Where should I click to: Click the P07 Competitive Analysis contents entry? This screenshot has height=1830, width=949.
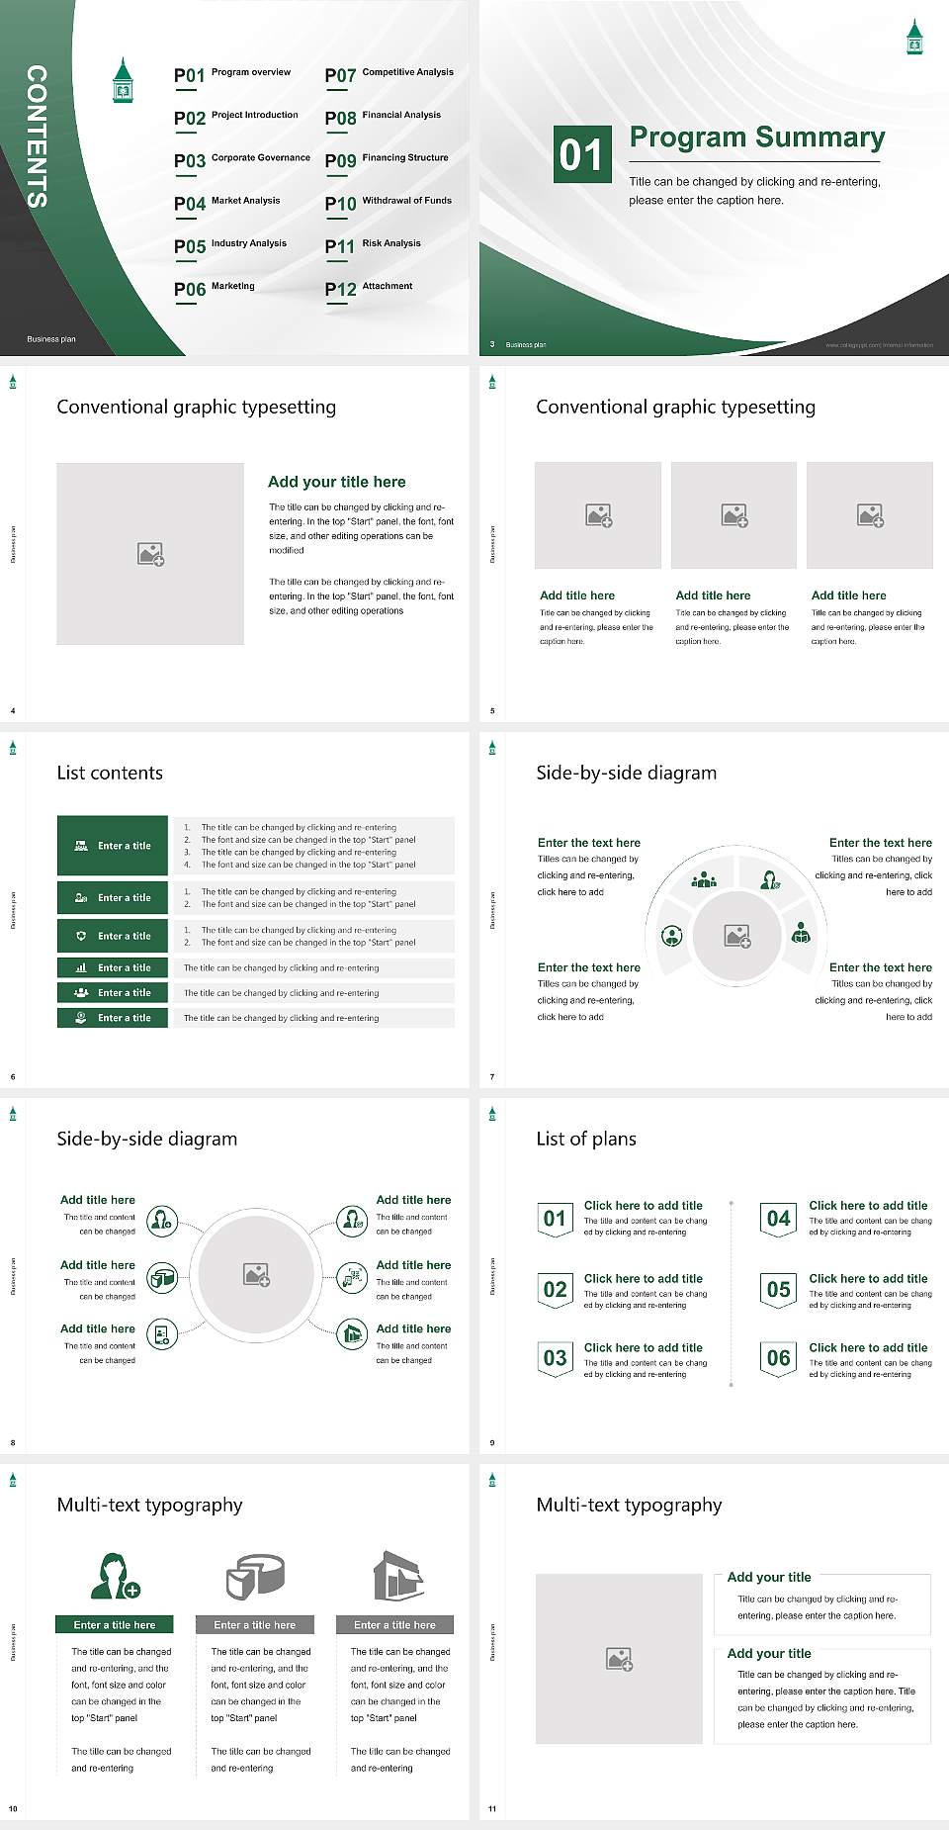tap(388, 75)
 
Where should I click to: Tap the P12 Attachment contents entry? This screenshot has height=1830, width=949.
tap(369, 289)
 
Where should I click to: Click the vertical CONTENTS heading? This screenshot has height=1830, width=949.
tap(37, 137)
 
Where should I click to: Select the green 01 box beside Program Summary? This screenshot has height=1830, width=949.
tap(581, 154)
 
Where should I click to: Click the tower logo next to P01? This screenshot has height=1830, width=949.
tap(123, 82)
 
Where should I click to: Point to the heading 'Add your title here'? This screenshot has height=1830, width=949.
tap(336, 482)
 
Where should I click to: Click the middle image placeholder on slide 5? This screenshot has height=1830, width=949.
tap(733, 515)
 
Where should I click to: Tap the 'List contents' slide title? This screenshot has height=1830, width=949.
tap(110, 773)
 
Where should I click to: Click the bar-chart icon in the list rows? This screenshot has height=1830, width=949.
tap(81, 967)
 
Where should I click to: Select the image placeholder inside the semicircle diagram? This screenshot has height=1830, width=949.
tap(737, 936)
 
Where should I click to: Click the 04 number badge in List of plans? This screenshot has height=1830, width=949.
tap(779, 1219)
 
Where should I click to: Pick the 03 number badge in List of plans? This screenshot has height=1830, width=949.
tap(555, 1358)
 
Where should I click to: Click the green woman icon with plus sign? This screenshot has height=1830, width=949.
tap(115, 1577)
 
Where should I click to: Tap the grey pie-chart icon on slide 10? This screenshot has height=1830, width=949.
tap(255, 1577)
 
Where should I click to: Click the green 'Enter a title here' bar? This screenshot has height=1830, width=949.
tap(115, 1624)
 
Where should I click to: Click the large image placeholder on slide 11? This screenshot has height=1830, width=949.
tap(619, 1659)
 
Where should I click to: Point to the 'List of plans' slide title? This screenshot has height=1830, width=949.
tap(586, 1139)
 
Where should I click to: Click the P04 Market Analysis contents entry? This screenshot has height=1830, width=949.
tap(227, 204)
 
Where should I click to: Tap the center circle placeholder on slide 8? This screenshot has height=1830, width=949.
tap(257, 1274)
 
